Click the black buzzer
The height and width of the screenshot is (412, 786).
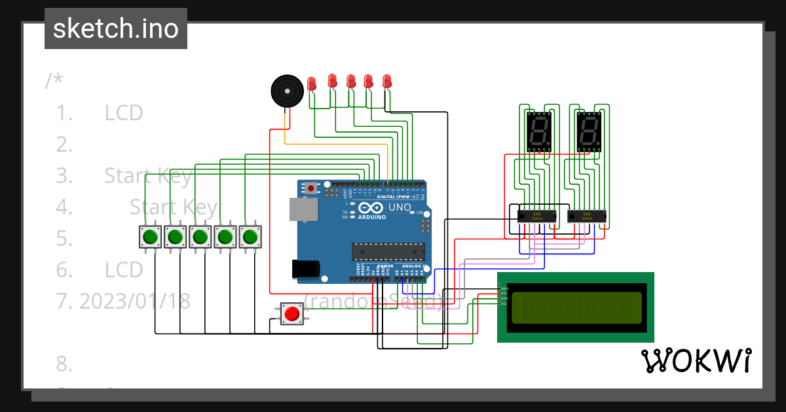[x=286, y=90]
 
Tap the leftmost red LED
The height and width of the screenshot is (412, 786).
[x=312, y=83]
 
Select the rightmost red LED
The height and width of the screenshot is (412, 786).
[x=386, y=80]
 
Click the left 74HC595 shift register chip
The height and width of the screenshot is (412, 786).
[x=537, y=215]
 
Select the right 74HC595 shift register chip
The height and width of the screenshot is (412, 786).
[x=586, y=215]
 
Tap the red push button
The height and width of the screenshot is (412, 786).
[x=291, y=314]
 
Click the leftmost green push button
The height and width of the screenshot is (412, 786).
[x=150, y=236]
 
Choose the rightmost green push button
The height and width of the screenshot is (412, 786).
[x=250, y=236]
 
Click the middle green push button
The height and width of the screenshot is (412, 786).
[x=200, y=236]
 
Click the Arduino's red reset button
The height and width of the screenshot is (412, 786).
[x=311, y=188]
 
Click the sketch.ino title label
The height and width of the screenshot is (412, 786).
[x=115, y=29]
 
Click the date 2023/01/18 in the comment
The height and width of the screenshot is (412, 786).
[x=134, y=301]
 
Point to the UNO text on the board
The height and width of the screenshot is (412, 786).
[x=399, y=207]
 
